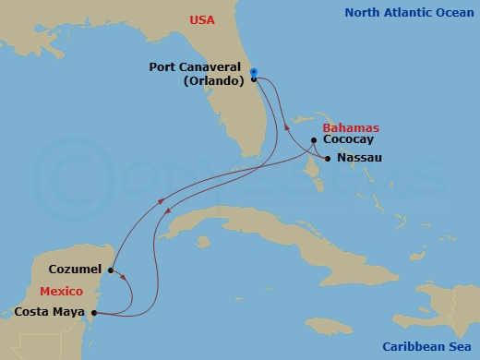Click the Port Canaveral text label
coord(196,67)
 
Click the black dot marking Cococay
coord(315,140)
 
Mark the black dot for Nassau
coord(328,159)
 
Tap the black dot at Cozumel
coord(110,270)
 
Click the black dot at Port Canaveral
coord(253,79)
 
